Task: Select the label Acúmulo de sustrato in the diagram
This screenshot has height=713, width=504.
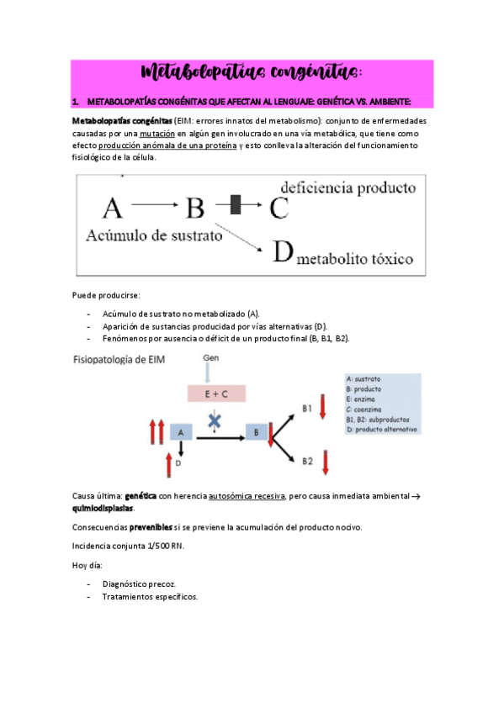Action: [154, 235]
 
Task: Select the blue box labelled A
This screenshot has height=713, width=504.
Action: [181, 431]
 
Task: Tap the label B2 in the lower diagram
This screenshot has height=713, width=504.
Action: [307, 461]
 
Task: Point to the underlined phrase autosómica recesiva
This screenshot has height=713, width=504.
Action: [247, 496]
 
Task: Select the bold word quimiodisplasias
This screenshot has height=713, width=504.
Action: [103, 509]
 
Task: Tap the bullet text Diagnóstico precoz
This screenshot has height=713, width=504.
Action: [139, 583]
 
